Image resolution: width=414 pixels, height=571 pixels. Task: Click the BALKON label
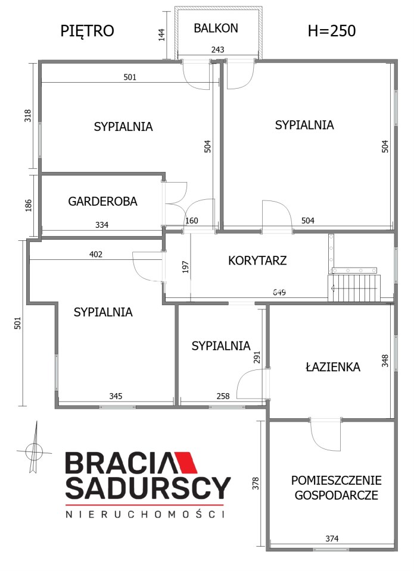(216, 28)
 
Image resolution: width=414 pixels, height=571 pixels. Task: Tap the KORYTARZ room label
(257, 261)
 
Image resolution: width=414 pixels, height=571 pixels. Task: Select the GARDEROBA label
(102, 202)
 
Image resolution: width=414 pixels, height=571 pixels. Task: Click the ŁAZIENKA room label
(332, 366)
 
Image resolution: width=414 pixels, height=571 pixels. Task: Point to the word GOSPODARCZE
(337, 495)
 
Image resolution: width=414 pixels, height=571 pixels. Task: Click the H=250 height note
(332, 31)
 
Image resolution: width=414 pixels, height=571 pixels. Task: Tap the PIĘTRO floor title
(87, 32)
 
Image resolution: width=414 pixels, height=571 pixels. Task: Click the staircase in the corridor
(354, 288)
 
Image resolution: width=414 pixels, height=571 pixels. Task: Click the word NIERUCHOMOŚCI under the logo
(145, 514)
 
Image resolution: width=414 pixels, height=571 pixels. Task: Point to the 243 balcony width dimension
(218, 49)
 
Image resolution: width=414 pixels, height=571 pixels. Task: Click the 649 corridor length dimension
(279, 292)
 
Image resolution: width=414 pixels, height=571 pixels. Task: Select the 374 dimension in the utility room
(332, 538)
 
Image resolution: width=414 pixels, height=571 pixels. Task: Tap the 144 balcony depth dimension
(162, 35)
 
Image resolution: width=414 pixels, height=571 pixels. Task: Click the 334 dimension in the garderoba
(102, 225)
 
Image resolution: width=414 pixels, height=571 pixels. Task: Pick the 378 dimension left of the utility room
(256, 483)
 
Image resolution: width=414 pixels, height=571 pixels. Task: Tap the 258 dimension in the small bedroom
(223, 396)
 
